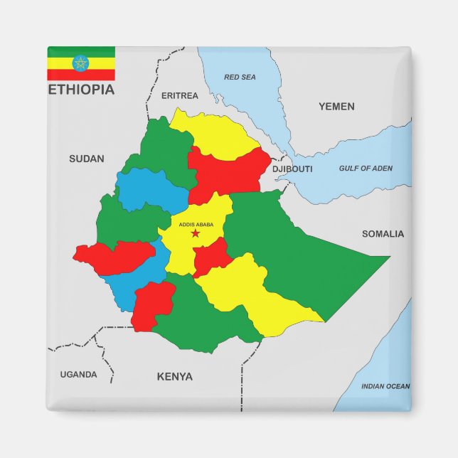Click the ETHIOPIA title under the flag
80,90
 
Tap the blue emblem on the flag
81,63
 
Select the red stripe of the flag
81,75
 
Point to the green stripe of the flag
81,51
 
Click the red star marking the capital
196,233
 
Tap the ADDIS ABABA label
196,225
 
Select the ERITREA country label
180,95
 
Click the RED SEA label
240,77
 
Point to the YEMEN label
336,106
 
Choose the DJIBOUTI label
292,169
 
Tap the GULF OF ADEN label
365,169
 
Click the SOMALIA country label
383,233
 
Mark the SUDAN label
86,159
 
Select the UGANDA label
78,374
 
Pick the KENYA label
174,376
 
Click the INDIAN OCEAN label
385,386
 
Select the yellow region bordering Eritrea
213,132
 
